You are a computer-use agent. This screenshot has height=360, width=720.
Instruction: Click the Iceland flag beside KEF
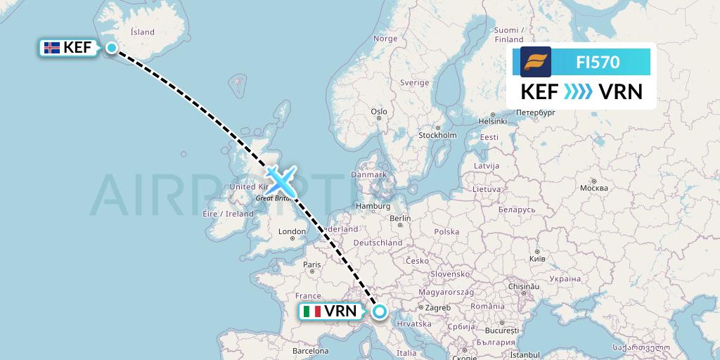(51, 48)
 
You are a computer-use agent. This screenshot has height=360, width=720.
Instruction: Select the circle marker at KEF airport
(112, 47)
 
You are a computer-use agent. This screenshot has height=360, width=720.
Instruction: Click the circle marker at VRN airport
(380, 311)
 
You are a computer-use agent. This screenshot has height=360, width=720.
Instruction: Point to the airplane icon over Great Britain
(281, 181)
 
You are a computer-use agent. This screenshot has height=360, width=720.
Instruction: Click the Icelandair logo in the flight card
(535, 62)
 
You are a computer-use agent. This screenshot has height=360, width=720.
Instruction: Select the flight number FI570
(598, 62)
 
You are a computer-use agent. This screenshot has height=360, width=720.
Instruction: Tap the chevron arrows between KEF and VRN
(577, 92)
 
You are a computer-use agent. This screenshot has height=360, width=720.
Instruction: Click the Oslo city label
(379, 112)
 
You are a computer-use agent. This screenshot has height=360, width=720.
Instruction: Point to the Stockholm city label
(437, 135)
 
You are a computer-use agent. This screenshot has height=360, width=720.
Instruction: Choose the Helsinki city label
(492, 121)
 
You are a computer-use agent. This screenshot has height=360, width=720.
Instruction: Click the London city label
(292, 232)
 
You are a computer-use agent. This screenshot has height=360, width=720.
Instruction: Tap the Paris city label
(311, 265)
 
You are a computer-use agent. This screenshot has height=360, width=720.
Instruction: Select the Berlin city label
(400, 219)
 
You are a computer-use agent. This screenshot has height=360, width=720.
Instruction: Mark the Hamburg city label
(373, 206)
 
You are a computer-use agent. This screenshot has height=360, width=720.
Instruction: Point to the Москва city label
(593, 188)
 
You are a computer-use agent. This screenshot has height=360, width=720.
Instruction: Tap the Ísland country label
(143, 32)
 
